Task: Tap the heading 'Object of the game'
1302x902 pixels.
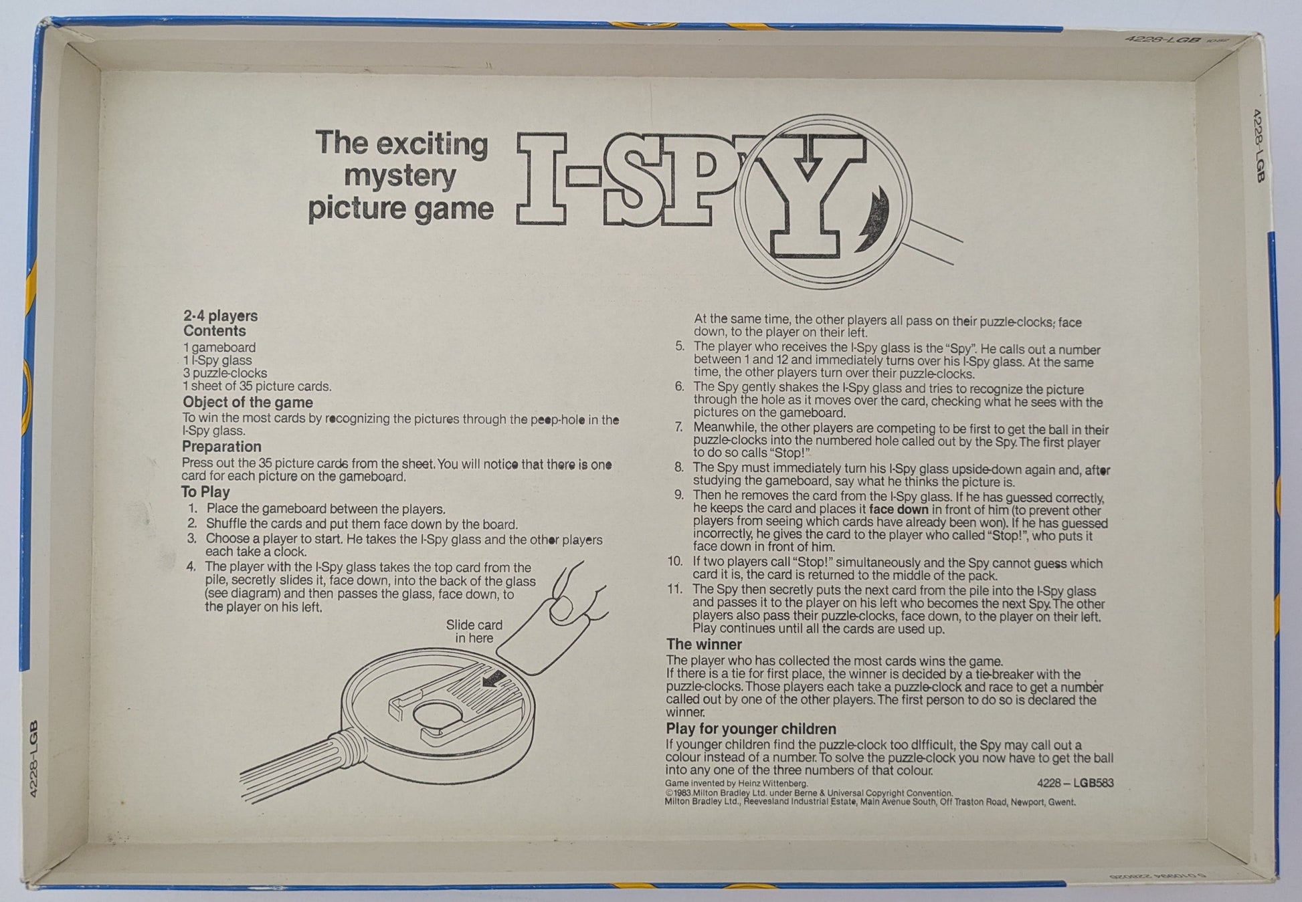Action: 248,402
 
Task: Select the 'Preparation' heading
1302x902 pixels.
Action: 221,446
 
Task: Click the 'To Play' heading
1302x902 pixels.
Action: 205,491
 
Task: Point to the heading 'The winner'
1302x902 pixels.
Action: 704,644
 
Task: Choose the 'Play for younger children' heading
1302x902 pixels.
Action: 751,728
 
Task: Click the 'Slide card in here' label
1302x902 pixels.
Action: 474,631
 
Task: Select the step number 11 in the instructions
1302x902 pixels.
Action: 674,589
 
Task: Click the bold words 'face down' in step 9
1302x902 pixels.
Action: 898,510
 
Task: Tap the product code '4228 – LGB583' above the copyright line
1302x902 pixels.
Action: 1075,782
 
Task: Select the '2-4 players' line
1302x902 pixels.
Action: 220,316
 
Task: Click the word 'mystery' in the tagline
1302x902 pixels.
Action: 399,177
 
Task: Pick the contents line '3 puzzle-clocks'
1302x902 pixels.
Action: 225,373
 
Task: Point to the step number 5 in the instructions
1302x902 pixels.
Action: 680,346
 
